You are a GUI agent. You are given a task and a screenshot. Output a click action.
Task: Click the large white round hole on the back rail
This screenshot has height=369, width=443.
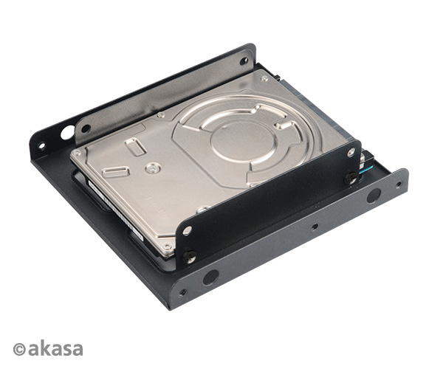click(x=67, y=134)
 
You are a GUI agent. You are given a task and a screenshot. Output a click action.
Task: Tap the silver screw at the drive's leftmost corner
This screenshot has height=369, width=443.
click(x=76, y=152)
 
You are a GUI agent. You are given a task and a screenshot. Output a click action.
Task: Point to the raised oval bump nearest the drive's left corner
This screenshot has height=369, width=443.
click(x=115, y=172)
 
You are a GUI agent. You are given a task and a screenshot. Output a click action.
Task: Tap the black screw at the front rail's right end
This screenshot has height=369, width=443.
click(x=351, y=177)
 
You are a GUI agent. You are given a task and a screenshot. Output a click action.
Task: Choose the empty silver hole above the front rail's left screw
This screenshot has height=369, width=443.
click(x=188, y=230)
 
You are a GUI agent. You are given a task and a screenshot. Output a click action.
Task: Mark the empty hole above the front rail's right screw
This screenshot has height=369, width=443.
click(x=351, y=153)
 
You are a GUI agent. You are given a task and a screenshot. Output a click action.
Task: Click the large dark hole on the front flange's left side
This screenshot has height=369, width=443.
click(x=210, y=277)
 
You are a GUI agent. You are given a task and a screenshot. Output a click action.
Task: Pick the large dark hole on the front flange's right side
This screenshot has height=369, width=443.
click(x=374, y=196)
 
